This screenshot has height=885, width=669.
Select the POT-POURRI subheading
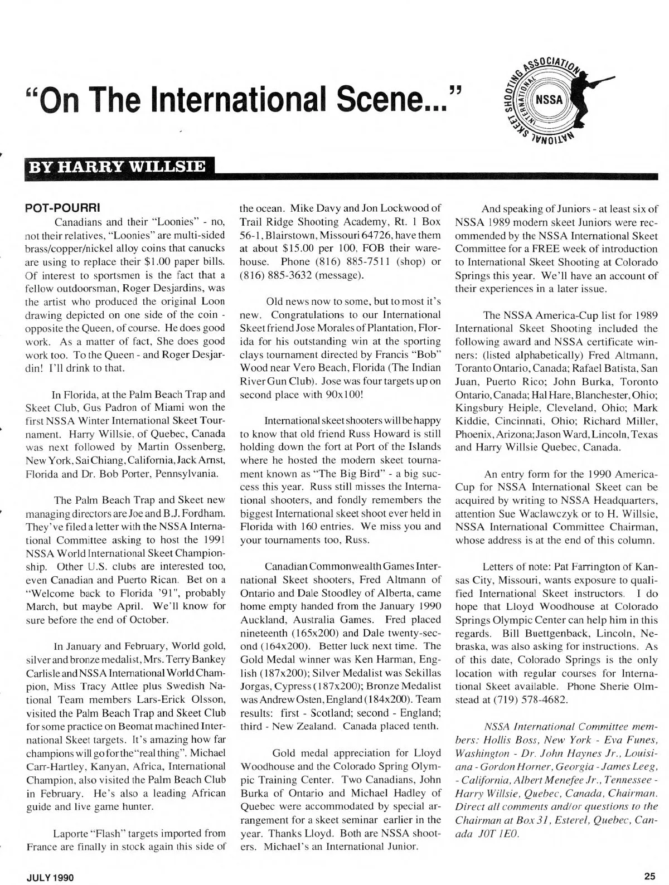coord(63,208)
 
